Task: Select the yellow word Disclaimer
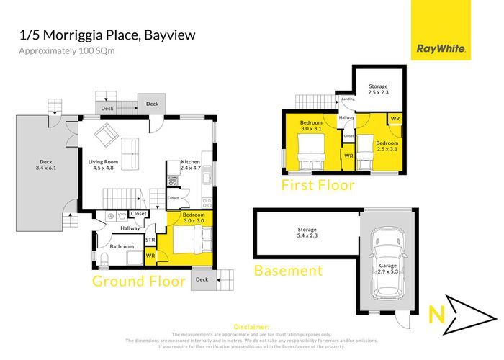252,326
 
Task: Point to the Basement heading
288,271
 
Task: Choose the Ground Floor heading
139,280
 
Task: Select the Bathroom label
122,246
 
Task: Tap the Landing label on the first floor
348,99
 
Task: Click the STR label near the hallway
150,240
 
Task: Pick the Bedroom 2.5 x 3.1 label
387,145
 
